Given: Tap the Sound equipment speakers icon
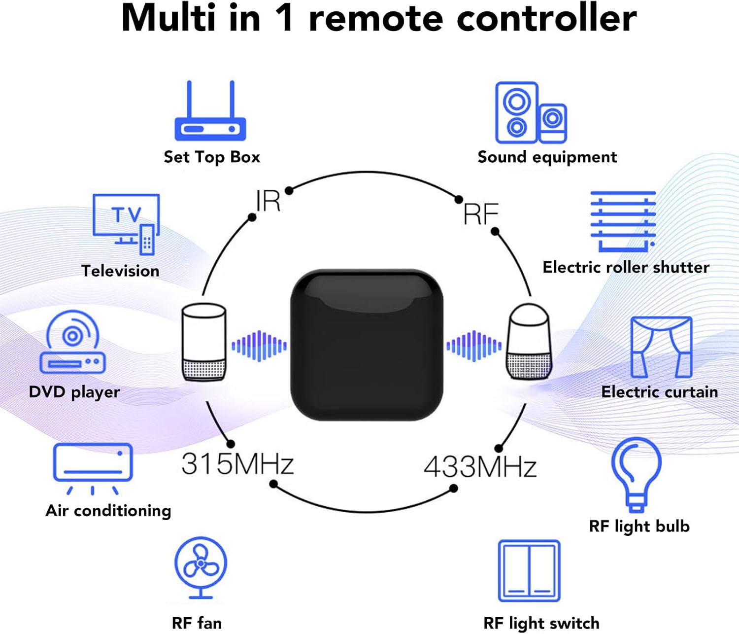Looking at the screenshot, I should (531, 113).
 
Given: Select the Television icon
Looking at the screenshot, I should (127, 224).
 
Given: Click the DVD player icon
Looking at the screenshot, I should (73, 342).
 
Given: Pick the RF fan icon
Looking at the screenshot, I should (201, 567).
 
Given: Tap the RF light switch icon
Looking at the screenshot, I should (529, 570).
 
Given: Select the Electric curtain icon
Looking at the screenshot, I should (661, 347).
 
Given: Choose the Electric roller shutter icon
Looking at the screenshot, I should (623, 221).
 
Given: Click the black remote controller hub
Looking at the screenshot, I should (367, 345).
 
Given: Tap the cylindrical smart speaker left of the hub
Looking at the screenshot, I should (204, 342).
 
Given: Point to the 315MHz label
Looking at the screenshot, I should (237, 464).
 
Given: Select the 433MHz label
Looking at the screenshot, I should (480, 467).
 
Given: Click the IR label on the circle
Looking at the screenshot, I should (268, 201).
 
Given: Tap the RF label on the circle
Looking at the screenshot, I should (481, 214).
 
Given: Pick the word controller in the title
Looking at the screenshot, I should (546, 18).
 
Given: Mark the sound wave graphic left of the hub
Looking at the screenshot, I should (259, 346).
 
